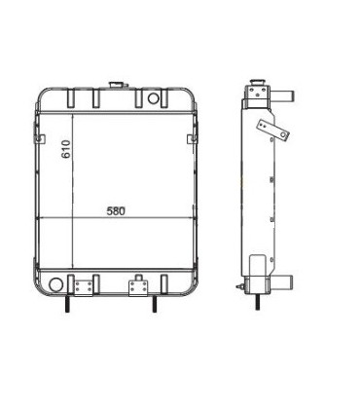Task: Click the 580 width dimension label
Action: pyautogui.click(x=116, y=210)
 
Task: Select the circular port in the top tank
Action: pyautogui.click(x=154, y=98)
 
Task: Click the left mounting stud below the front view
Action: pyautogui.click(x=68, y=305)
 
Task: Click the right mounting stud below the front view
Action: pyautogui.click(x=153, y=305)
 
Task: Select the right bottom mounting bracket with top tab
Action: pyautogui.click(x=137, y=285)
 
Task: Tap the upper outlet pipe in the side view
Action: pyautogui.click(x=281, y=97)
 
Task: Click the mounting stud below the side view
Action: pyautogui.click(x=257, y=305)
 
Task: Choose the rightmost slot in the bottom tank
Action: pyautogui.click(x=177, y=285)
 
